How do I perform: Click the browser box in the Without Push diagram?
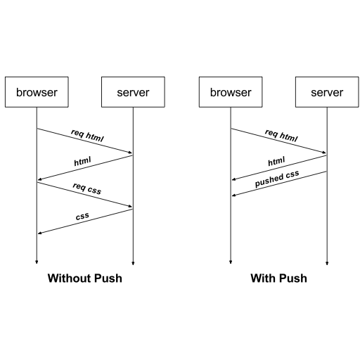pos(37,92)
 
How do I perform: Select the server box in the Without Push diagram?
pos(133,92)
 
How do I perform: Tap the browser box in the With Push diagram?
pos(231,92)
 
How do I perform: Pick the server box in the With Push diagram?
pos(327,92)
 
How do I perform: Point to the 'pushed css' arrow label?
pos(278,179)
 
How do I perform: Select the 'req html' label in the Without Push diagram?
pos(87,135)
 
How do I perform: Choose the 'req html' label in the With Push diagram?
pos(281,135)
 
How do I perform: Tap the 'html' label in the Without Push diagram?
pos(83,162)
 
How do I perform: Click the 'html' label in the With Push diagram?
pos(276,162)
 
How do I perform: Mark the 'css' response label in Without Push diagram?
pos(82,217)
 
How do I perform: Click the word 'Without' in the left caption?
pos(69,278)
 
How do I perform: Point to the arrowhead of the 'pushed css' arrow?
pos(233,195)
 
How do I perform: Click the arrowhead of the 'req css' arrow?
pos(130,207)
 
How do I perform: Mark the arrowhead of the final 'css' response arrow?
pos(39,233)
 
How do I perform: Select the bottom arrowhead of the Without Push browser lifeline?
pos(37,262)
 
